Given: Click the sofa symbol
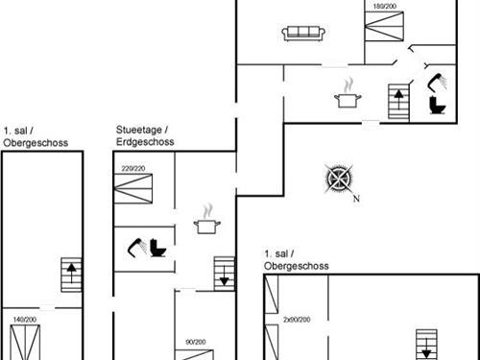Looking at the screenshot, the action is tap(305, 34).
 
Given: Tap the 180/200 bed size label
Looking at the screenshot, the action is tap(383, 7).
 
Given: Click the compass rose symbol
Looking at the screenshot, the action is tap(339, 180).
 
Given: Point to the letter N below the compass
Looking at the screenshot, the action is tap(355, 199).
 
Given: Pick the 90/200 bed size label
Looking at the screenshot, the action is tap(196, 341).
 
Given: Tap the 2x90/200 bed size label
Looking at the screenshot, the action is tap(298, 318).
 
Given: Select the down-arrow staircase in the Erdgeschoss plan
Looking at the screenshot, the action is tap(224, 272).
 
